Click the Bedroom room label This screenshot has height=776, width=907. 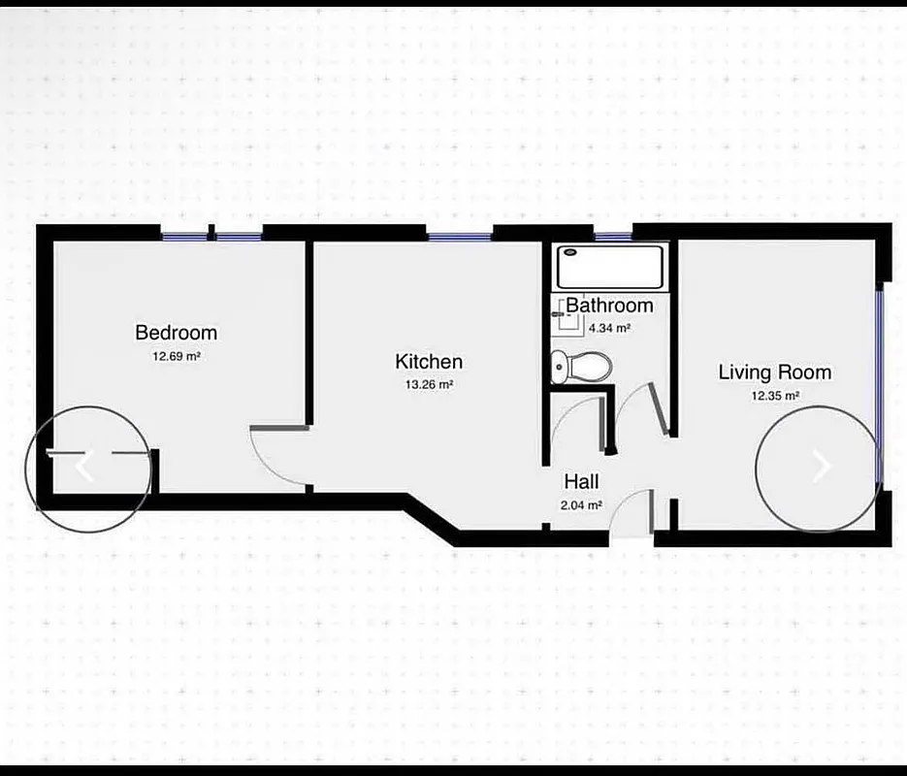click(176, 333)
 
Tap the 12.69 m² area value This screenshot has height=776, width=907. click(176, 356)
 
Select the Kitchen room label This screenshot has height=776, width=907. click(429, 362)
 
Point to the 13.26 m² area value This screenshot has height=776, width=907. click(429, 384)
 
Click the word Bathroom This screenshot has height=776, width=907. click(609, 306)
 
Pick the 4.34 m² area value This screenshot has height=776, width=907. click(610, 328)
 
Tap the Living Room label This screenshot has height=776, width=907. click(774, 372)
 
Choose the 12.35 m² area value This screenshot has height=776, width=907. click(774, 395)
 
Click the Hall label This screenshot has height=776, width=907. click(581, 481)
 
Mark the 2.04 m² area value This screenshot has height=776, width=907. click(581, 504)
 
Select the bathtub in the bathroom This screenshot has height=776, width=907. click(610, 266)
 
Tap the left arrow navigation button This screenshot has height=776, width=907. click(85, 467)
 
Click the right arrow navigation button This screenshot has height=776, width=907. click(821, 467)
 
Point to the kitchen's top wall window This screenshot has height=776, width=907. click(460, 235)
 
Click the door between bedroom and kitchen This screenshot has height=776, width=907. click(279, 451)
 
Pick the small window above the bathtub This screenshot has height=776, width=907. click(613, 237)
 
